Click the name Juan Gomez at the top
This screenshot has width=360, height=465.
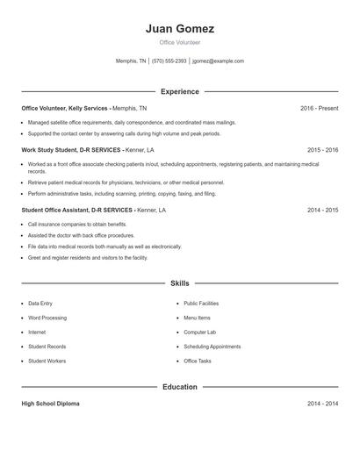[x=179, y=28]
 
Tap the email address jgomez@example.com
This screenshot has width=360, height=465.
[x=218, y=61]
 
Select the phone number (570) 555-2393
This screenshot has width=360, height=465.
[x=169, y=61]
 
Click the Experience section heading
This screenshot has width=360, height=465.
[x=179, y=91]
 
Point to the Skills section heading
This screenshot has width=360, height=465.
[x=179, y=283]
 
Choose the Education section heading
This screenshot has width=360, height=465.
[x=179, y=386]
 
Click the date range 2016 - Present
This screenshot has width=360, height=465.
[x=319, y=108]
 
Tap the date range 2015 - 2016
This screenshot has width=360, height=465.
[x=322, y=150]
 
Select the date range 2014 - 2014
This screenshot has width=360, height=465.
[x=322, y=404]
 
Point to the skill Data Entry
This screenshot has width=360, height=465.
[x=40, y=303]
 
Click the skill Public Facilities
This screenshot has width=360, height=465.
[x=201, y=303]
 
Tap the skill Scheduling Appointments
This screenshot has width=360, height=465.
[x=212, y=347]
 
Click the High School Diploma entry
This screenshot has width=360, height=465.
[x=50, y=404]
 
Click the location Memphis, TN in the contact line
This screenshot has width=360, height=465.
[x=131, y=61]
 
